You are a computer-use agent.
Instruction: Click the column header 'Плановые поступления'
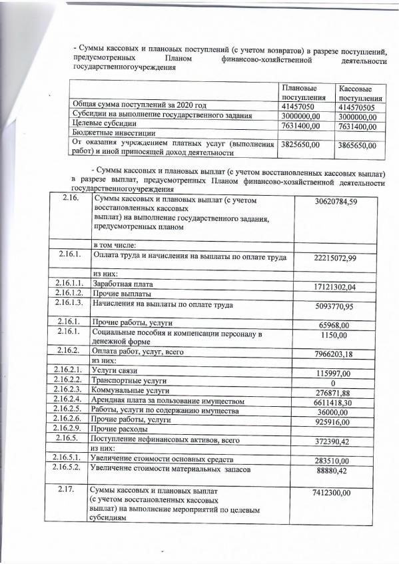298,93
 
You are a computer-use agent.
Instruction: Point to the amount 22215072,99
340,258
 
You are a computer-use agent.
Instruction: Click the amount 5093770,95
340,307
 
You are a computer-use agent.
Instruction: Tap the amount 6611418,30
340,403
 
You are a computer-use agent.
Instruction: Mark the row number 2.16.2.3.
69,390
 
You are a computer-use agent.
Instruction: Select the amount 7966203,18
340,353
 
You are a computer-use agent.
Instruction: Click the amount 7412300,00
340,492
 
